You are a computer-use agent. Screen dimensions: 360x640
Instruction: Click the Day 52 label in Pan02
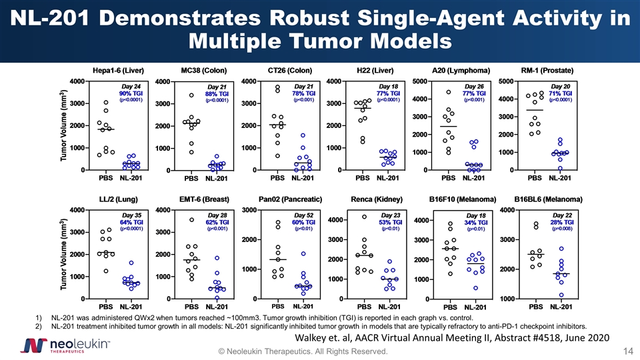(x=303, y=215)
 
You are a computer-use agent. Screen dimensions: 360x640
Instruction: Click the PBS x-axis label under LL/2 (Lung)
(x=105, y=307)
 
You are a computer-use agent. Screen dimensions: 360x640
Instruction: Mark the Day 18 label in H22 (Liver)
(x=388, y=87)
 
